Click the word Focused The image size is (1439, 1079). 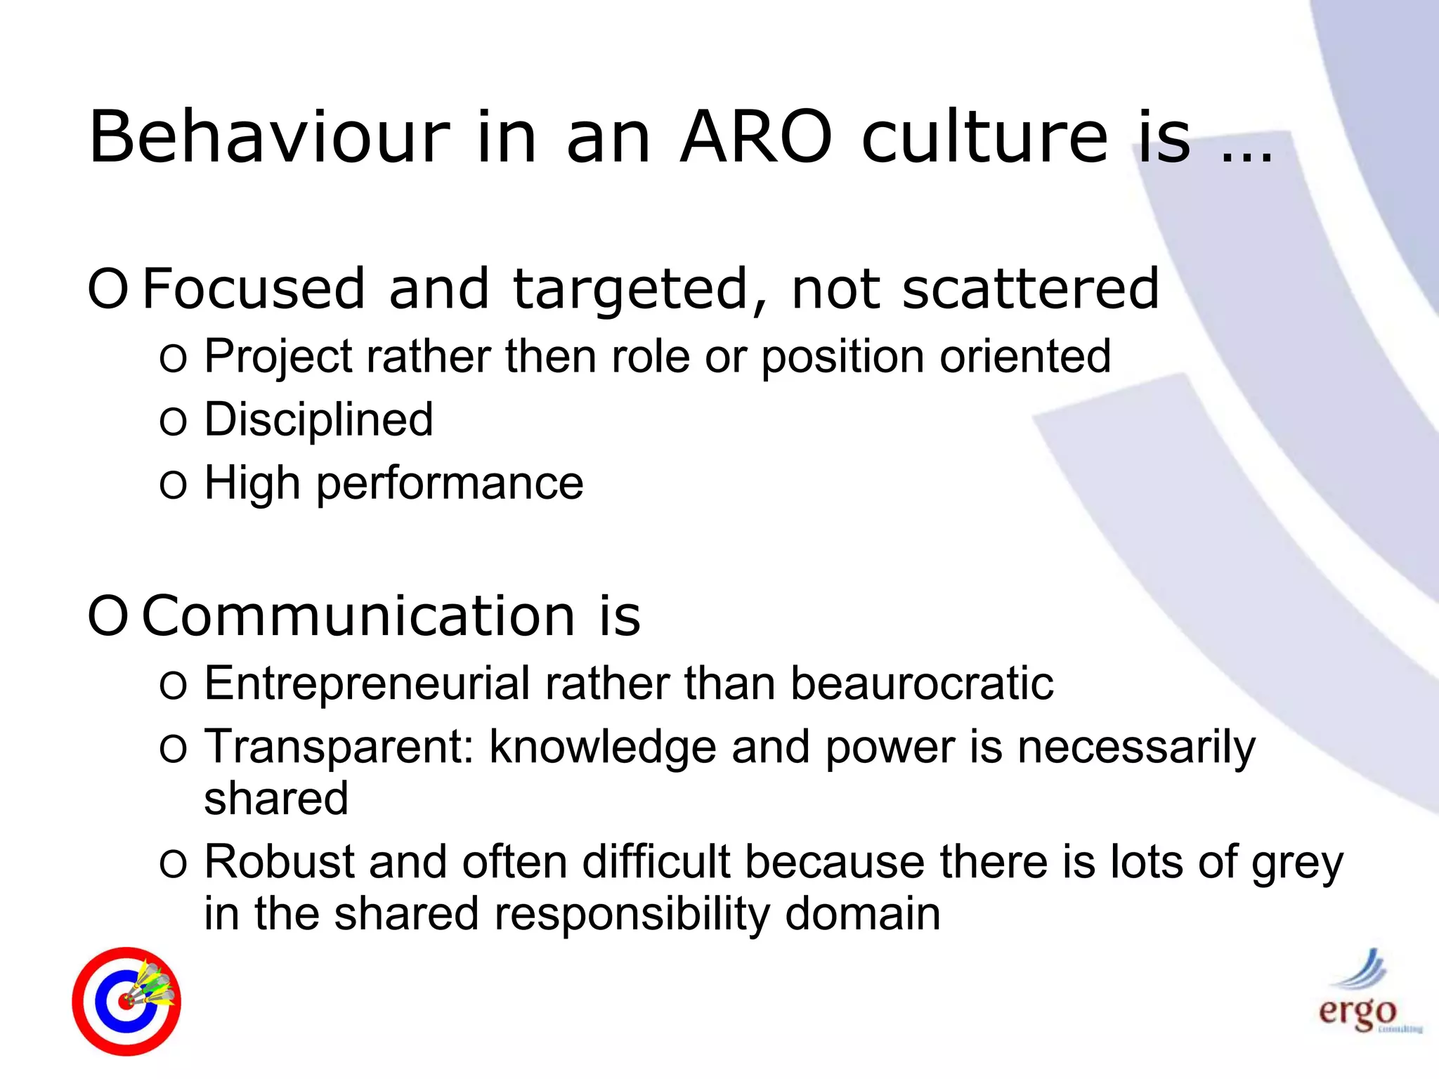coord(254,289)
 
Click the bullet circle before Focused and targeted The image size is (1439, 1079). coord(108,289)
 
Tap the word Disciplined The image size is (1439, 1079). coord(318,420)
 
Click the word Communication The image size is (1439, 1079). coord(358,616)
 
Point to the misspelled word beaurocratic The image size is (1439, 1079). coord(921,684)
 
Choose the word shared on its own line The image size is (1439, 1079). coord(276,799)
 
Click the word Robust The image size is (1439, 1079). coord(279,862)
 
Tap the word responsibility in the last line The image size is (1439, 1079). coord(632,914)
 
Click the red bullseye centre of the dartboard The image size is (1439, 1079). coord(126,1002)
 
